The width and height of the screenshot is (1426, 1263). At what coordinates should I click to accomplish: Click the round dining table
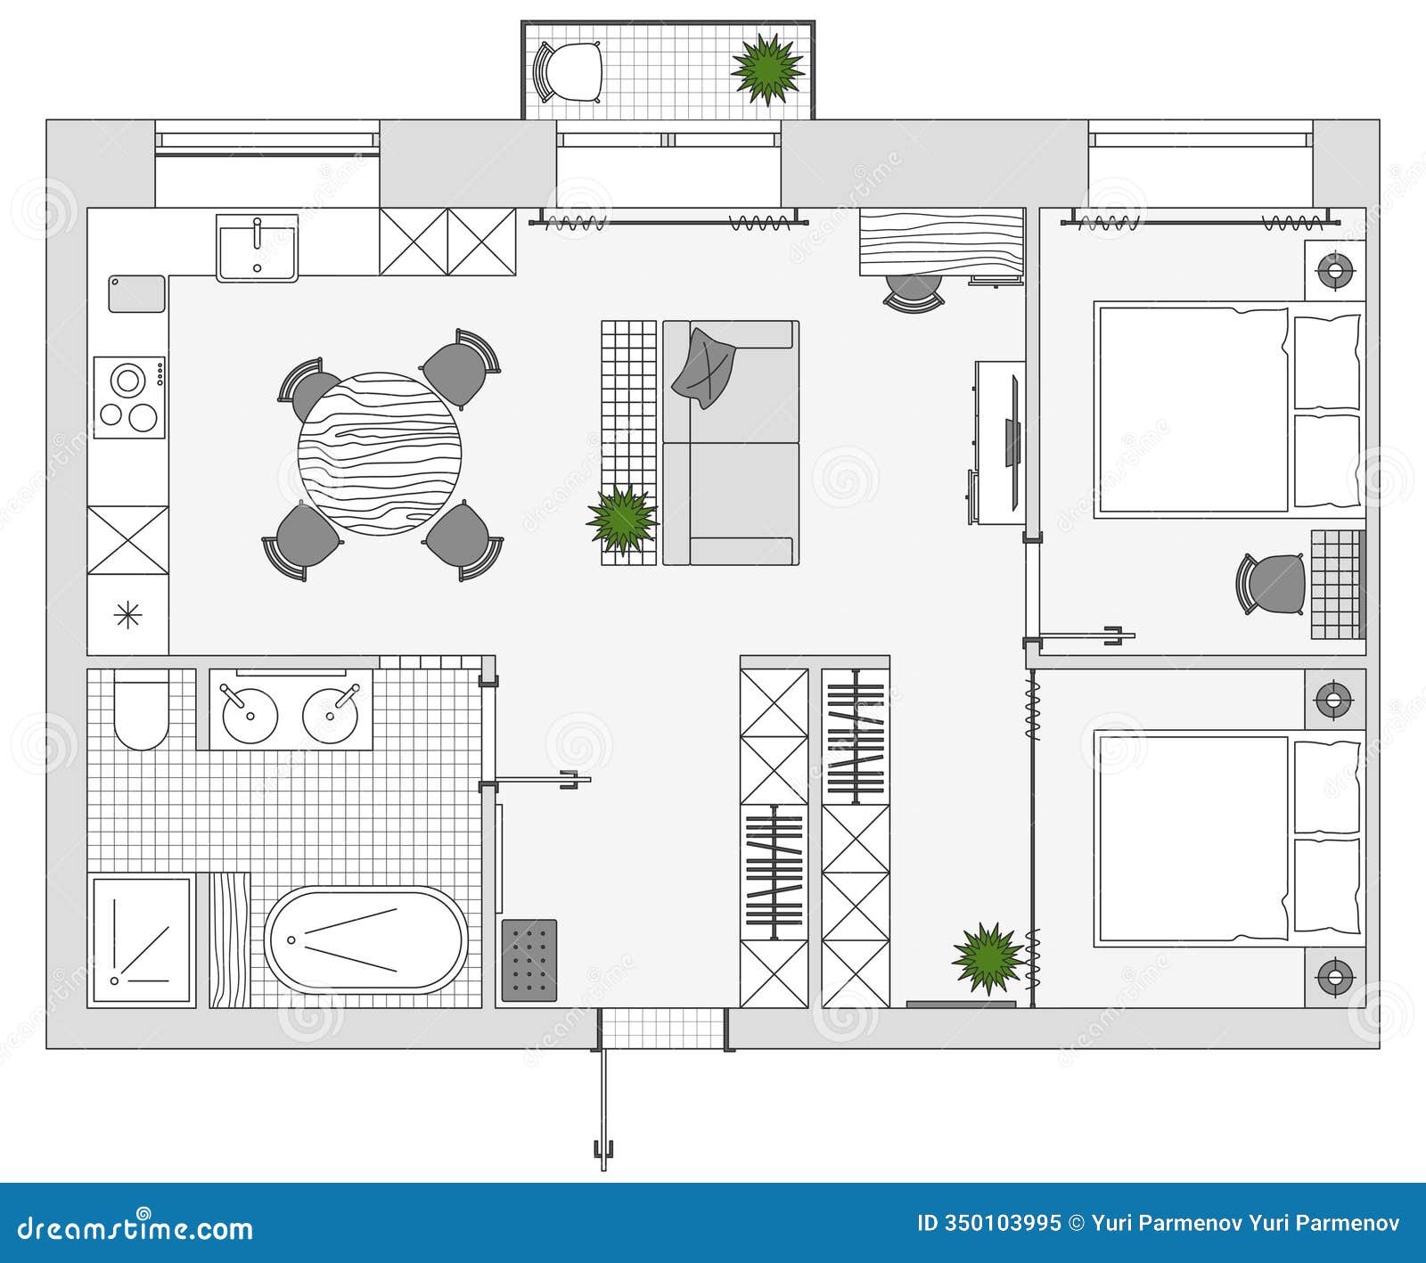380,454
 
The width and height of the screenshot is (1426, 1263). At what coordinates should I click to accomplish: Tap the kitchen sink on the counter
258,247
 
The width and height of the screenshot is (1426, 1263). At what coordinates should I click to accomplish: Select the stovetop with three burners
130,398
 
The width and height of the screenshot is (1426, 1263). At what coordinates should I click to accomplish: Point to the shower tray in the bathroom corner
142,941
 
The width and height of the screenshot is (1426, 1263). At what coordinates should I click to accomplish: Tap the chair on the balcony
569,71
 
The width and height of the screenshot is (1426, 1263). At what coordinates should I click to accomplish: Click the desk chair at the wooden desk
913,291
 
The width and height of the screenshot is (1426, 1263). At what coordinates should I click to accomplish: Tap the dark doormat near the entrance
529,960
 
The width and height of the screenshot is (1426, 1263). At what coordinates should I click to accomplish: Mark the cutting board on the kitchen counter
136,294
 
